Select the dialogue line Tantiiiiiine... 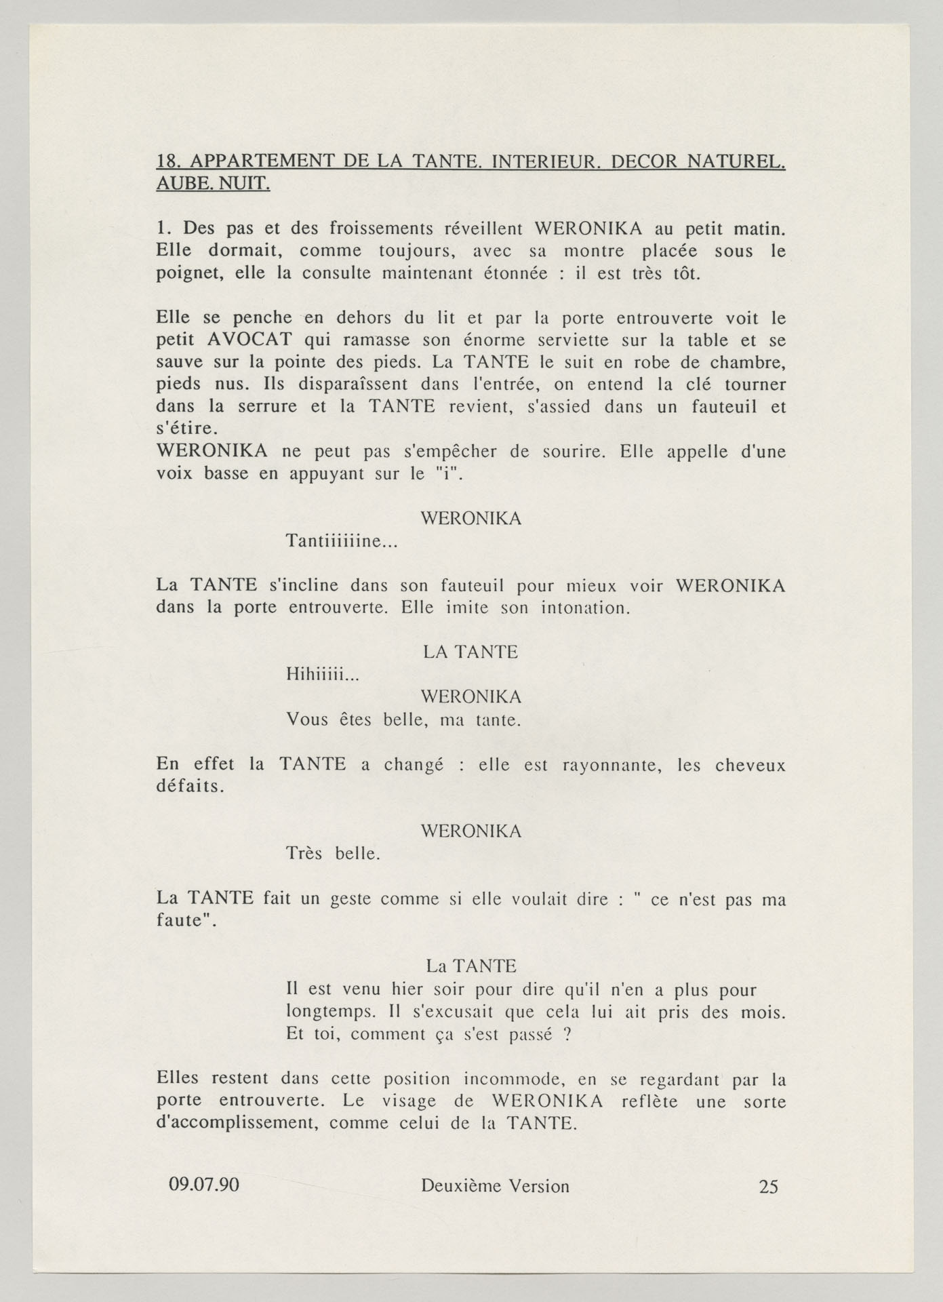(x=342, y=542)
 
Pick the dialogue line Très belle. (x=333, y=854)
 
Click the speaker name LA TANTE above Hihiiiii (x=470, y=652)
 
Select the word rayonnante (x=603, y=766)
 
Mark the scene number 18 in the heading (x=167, y=162)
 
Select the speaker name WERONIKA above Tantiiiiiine (x=471, y=519)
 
